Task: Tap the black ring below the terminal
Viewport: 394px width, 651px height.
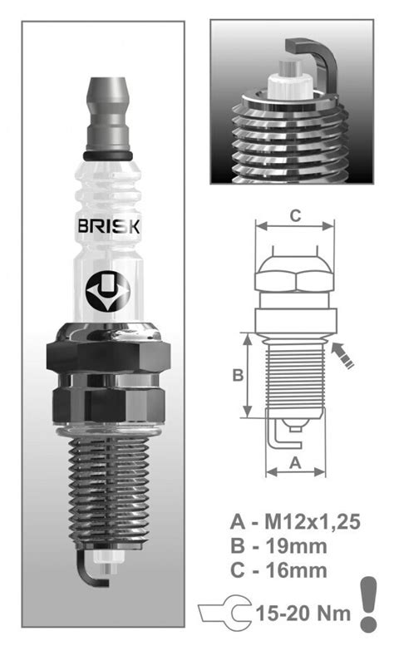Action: coord(108,157)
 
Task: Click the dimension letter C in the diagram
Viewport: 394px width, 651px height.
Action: coord(294,215)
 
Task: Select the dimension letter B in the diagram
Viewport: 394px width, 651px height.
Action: coord(237,375)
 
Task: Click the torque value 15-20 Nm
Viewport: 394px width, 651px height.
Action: coord(306,614)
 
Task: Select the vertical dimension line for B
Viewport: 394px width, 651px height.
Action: coord(247,376)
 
